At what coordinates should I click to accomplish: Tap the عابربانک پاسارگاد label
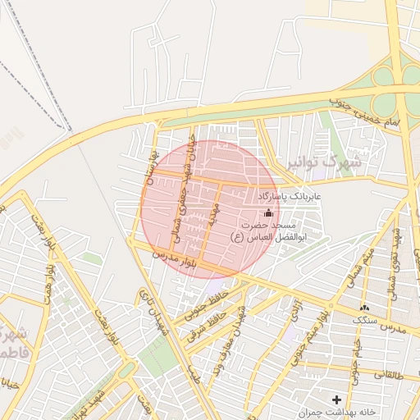pos(292,198)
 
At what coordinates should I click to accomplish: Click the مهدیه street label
pos(212,216)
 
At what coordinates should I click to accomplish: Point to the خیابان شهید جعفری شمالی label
pos(183,192)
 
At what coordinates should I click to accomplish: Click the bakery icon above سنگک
pos(364,307)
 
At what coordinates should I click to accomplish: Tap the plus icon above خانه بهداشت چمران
pos(336,399)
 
